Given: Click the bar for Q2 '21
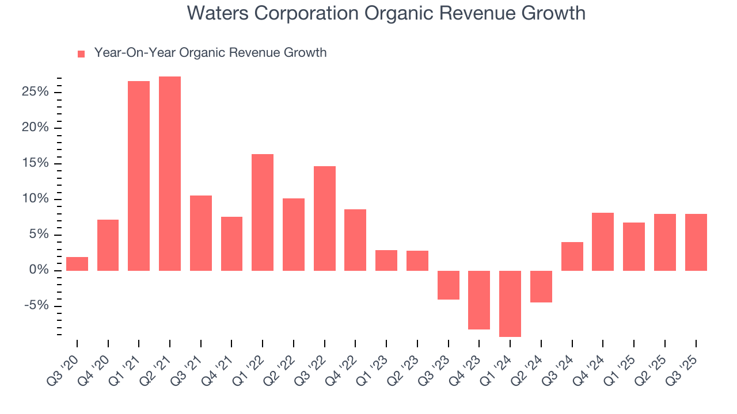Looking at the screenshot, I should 170,174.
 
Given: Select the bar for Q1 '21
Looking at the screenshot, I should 139,176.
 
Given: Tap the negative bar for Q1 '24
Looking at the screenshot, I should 510,304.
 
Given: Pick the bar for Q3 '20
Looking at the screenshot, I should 77,264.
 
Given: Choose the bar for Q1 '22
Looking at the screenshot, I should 263,212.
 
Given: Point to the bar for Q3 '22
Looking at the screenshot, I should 325,218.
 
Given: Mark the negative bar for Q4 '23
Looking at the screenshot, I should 479,300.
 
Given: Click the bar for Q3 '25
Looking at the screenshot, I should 696,242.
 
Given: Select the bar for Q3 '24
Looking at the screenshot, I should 572,256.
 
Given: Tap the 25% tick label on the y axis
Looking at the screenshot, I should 36,92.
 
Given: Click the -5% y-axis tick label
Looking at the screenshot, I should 37,306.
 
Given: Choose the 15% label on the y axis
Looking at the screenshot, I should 36,163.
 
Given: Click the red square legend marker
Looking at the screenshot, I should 81,53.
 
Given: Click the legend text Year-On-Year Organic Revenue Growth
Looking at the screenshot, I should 210,53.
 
